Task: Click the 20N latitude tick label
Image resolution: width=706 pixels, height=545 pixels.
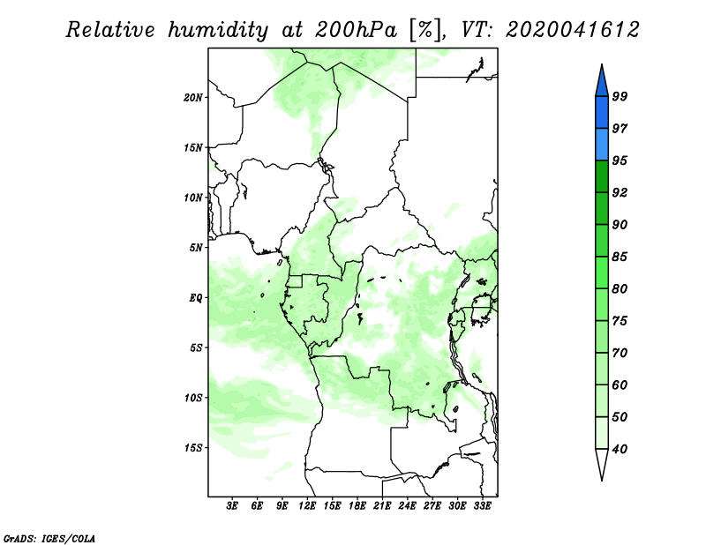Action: (193, 97)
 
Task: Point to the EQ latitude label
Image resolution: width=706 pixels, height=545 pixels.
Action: (195, 298)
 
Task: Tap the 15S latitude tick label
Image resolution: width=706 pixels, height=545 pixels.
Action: (193, 448)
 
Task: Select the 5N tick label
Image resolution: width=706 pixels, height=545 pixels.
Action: (196, 248)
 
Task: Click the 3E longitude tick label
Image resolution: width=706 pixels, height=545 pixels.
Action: (232, 506)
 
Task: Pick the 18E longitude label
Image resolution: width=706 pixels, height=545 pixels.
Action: (357, 506)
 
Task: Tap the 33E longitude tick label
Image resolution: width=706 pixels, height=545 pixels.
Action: (482, 506)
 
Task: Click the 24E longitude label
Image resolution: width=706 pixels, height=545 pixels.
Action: (407, 506)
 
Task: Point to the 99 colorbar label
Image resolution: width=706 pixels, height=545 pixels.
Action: (620, 96)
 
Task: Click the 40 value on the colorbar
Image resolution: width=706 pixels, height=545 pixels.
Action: (620, 449)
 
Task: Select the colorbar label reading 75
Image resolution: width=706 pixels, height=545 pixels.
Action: (620, 320)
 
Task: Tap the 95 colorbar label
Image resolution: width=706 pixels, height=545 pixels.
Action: (620, 161)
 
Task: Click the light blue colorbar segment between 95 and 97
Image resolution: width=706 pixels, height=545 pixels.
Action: (602, 145)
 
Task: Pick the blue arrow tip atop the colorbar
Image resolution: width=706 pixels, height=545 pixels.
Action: (602, 64)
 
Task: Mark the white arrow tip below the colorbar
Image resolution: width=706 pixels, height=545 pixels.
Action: (602, 481)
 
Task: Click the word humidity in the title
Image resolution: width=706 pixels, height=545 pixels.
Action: (218, 30)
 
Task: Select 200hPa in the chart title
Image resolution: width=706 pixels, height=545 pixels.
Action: (356, 30)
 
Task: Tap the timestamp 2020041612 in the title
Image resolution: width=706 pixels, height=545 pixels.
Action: (572, 30)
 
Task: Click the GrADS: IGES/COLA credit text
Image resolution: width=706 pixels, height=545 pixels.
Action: (49, 538)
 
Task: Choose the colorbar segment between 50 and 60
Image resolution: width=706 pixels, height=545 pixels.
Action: (602, 400)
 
